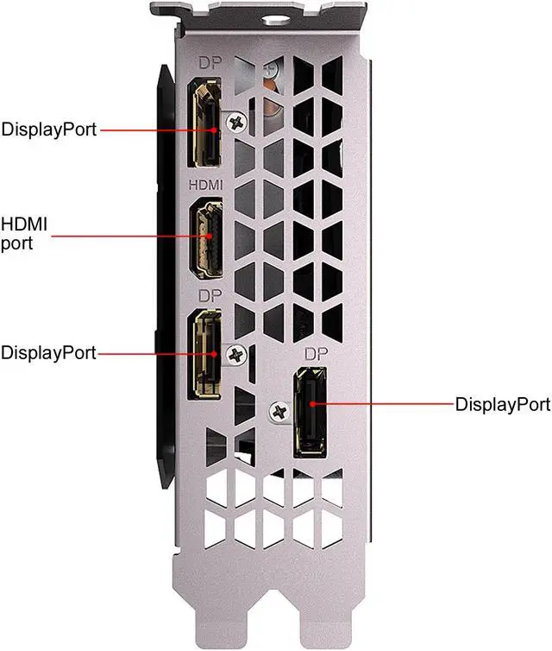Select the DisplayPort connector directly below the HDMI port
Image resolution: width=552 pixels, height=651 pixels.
[206, 355]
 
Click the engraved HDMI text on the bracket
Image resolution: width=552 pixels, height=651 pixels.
[205, 185]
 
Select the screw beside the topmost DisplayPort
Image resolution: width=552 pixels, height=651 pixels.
[233, 123]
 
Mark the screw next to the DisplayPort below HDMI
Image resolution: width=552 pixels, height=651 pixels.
[235, 354]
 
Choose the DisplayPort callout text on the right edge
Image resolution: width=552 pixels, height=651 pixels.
[502, 403]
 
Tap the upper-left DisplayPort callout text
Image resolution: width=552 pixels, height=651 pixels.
[48, 130]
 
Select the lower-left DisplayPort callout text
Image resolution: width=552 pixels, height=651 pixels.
[48, 352]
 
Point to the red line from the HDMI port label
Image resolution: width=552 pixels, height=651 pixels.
[129, 233]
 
